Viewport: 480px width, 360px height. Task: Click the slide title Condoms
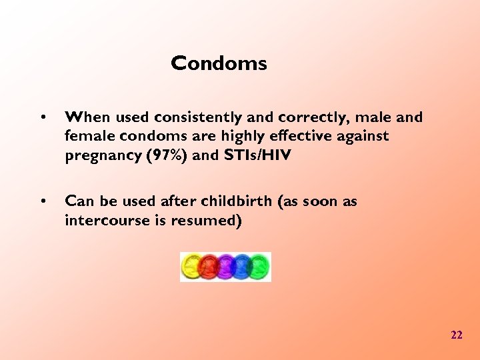219,63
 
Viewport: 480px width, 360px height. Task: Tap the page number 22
456,335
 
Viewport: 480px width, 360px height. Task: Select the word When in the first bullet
88,117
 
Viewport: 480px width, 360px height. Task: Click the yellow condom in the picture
192,267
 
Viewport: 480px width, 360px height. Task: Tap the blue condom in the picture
242,267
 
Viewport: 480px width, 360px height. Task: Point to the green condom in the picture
259,267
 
